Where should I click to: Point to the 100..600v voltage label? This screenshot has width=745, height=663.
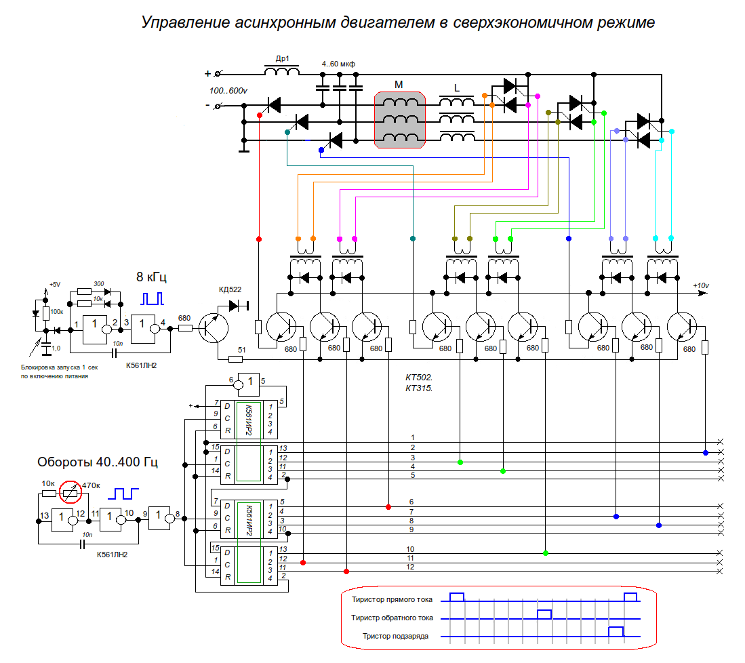click(x=228, y=90)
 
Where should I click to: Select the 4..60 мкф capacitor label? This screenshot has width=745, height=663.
click(x=338, y=64)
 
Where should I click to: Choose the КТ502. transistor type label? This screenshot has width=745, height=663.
click(x=418, y=377)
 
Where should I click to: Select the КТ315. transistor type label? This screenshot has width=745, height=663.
click(x=418, y=388)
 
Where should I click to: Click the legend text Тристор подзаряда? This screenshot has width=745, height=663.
click(x=395, y=636)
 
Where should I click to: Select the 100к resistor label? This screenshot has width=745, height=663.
click(x=57, y=312)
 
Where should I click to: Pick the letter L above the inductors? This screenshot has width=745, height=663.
click(x=456, y=87)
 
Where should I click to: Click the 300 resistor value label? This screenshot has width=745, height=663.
click(x=98, y=283)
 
